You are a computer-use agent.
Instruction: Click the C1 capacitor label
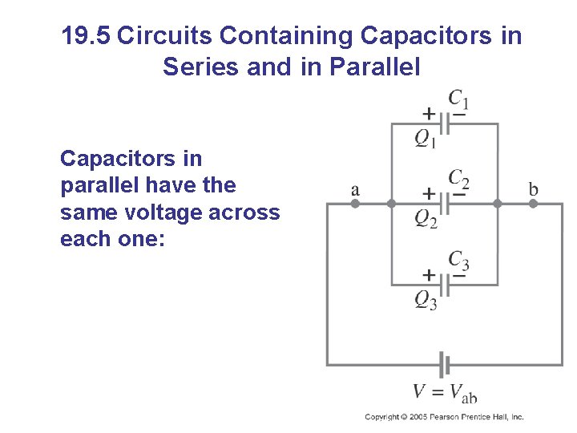pyautogui.click(x=458, y=100)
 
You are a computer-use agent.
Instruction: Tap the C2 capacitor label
pyautogui.click(x=458, y=180)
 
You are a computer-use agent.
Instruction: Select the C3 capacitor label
pyautogui.click(x=458, y=261)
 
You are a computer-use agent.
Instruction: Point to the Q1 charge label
pyautogui.click(x=426, y=140)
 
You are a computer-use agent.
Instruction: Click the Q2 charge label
pyautogui.click(x=426, y=219)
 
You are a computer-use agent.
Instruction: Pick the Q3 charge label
pyautogui.click(x=426, y=300)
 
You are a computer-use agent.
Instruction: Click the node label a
pyautogui.click(x=355, y=190)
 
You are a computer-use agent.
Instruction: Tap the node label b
pyautogui.click(x=533, y=190)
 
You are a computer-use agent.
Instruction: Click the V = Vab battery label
pyautogui.click(x=445, y=392)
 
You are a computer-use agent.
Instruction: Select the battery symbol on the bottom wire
pyautogui.click(x=443, y=365)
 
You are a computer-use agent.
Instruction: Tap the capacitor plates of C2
pyautogui.click(x=444, y=204)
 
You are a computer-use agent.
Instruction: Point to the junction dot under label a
pyautogui.click(x=356, y=204)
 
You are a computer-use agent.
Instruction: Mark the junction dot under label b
pyautogui.click(x=532, y=204)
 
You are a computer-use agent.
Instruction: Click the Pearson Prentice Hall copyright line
pyautogui.click(x=443, y=417)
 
